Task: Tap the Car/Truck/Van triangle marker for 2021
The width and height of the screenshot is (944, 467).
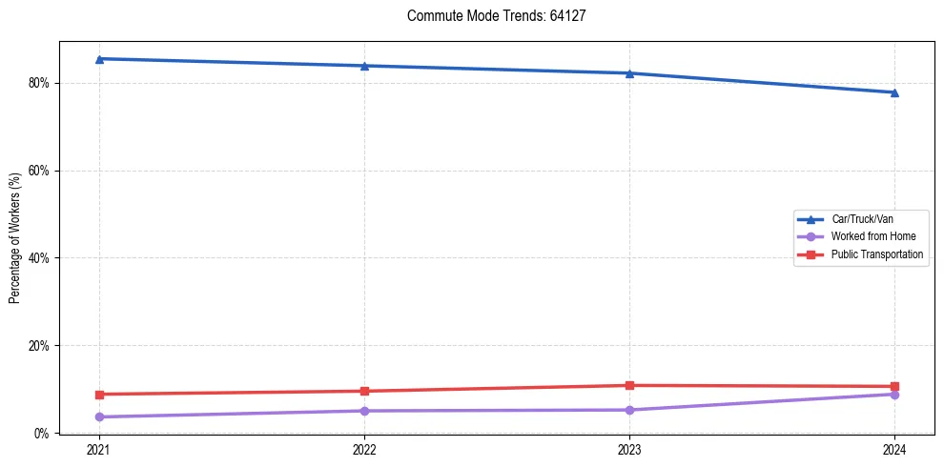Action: [x=99, y=59]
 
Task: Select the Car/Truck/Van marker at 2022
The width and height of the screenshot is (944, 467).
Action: [x=364, y=66]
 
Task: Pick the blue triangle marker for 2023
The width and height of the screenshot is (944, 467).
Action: [x=629, y=73]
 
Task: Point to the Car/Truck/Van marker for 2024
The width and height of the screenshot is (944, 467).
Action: [x=894, y=92]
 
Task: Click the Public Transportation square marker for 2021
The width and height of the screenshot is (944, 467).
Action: [x=99, y=395]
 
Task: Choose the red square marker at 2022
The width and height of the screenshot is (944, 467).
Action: [x=364, y=391]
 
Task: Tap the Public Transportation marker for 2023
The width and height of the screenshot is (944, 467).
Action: [x=629, y=386]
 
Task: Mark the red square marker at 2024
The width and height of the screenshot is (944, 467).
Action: [x=894, y=387]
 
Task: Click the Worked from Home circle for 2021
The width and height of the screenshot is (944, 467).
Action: [x=99, y=416]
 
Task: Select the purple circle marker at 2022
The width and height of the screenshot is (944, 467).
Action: [x=364, y=411]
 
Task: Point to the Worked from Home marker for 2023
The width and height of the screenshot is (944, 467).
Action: [x=629, y=410]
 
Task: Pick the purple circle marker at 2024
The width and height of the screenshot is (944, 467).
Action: [x=894, y=395]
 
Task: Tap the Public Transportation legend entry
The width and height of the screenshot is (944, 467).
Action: [x=876, y=254]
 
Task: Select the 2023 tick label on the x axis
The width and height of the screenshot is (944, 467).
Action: [x=629, y=449]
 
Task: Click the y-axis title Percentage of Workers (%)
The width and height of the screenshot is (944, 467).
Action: [x=15, y=238]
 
